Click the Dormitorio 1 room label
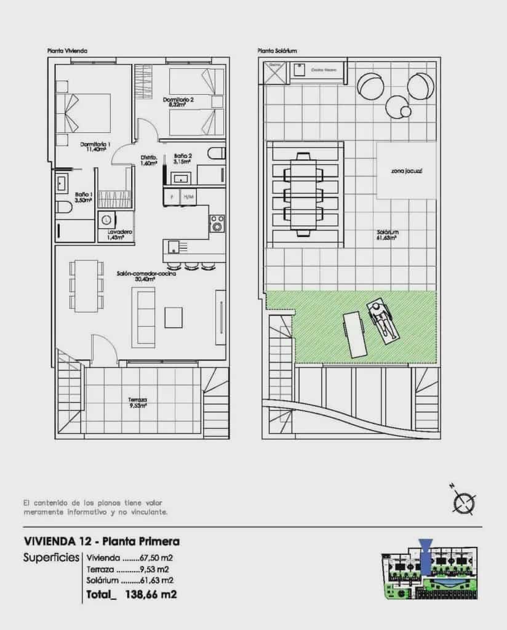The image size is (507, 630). tap(95, 147)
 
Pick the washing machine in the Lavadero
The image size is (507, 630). tap(108, 218)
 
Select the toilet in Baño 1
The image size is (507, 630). tap(64, 207)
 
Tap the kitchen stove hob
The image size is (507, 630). tap(217, 223)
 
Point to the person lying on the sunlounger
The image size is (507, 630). tap(382, 320)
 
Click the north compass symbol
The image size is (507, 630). tap(462, 503)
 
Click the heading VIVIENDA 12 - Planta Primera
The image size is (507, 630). tap(102, 542)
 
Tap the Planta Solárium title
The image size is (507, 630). tap(277, 51)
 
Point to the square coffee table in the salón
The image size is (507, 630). tap(174, 317)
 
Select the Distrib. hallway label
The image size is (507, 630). tap(149, 160)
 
